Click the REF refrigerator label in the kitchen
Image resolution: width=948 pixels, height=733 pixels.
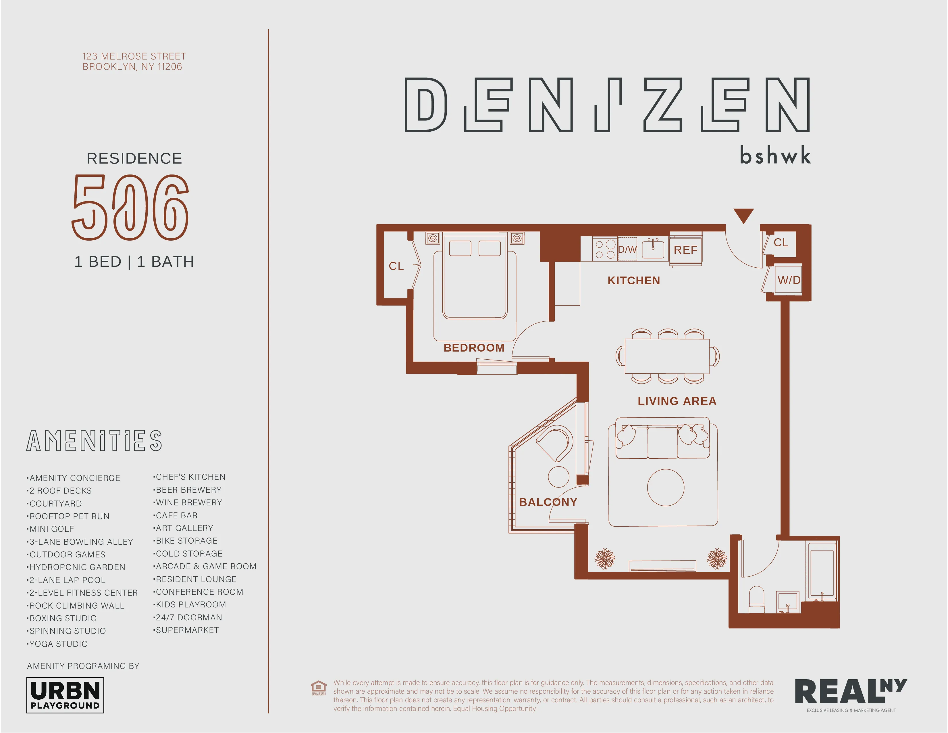click(x=685, y=250)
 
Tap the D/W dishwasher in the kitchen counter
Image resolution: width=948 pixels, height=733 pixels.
click(x=627, y=249)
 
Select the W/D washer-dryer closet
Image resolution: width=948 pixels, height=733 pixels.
click(x=789, y=280)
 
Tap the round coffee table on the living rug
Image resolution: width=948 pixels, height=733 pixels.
click(x=665, y=488)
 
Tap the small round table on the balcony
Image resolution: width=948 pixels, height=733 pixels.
click(x=559, y=477)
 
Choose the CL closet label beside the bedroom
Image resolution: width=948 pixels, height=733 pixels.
click(x=396, y=266)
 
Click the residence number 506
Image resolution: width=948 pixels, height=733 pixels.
click(x=130, y=208)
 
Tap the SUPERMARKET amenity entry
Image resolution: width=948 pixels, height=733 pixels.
click(x=187, y=630)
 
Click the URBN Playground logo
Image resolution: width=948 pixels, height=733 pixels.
click(x=65, y=696)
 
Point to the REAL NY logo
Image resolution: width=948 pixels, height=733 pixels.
click(x=851, y=693)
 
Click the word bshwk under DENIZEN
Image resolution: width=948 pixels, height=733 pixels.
click(x=775, y=156)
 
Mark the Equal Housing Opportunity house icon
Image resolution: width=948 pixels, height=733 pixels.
click(x=319, y=687)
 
